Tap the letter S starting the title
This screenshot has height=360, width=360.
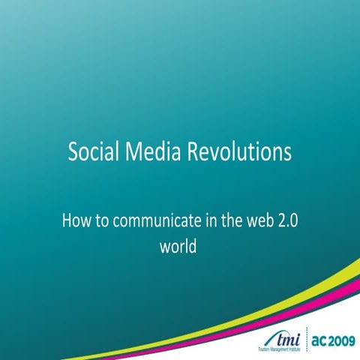pos(73,152)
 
